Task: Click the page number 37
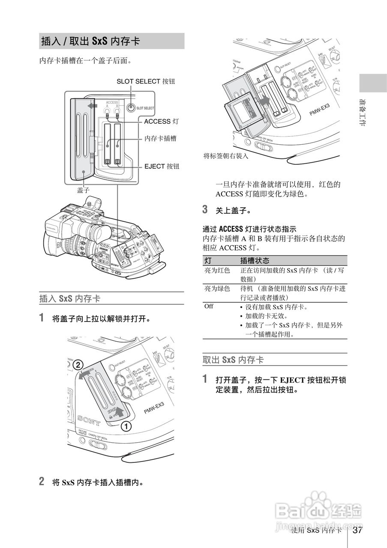[x=358, y=530]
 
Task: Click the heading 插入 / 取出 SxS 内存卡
[x=90, y=42]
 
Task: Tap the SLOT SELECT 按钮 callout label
[x=145, y=81]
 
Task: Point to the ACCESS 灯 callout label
[x=161, y=122]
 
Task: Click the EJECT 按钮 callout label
[x=162, y=166]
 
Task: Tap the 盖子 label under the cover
[x=83, y=190]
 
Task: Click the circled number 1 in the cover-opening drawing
[x=126, y=426]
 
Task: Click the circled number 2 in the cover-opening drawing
[x=78, y=365]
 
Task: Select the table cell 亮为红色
[x=217, y=271]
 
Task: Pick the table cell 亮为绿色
[x=217, y=289]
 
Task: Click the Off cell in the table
[x=209, y=307]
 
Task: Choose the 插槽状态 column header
[x=255, y=260]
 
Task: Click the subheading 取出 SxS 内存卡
[x=233, y=360]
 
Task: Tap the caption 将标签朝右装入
[x=225, y=156]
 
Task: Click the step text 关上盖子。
[x=233, y=211]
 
